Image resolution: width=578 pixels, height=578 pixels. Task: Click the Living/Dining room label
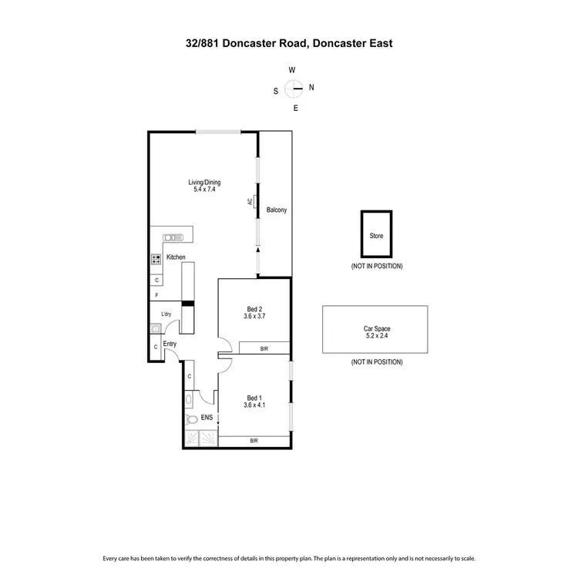click(204, 183)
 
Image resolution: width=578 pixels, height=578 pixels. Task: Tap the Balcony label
click(277, 210)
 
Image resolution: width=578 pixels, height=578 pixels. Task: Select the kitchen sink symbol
click(170, 237)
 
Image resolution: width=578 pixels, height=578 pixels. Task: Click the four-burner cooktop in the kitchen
click(156, 260)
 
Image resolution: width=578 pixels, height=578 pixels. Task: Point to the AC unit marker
click(250, 202)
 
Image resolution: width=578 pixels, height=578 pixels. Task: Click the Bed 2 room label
click(254, 309)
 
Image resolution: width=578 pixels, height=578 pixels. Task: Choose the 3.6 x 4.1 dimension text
click(254, 405)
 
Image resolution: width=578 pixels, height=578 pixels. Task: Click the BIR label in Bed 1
click(254, 440)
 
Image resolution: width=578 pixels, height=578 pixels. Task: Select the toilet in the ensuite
click(192, 420)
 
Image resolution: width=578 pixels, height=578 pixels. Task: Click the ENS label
click(207, 418)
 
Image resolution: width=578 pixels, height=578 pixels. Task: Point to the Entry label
click(170, 344)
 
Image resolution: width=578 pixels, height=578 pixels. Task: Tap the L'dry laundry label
click(166, 314)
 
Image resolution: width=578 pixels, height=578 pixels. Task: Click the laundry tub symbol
click(156, 328)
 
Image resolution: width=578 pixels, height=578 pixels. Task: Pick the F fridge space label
click(156, 295)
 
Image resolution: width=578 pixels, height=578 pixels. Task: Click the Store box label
click(376, 236)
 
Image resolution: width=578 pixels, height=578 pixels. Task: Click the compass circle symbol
click(294, 89)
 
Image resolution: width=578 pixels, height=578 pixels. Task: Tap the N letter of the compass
click(311, 88)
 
